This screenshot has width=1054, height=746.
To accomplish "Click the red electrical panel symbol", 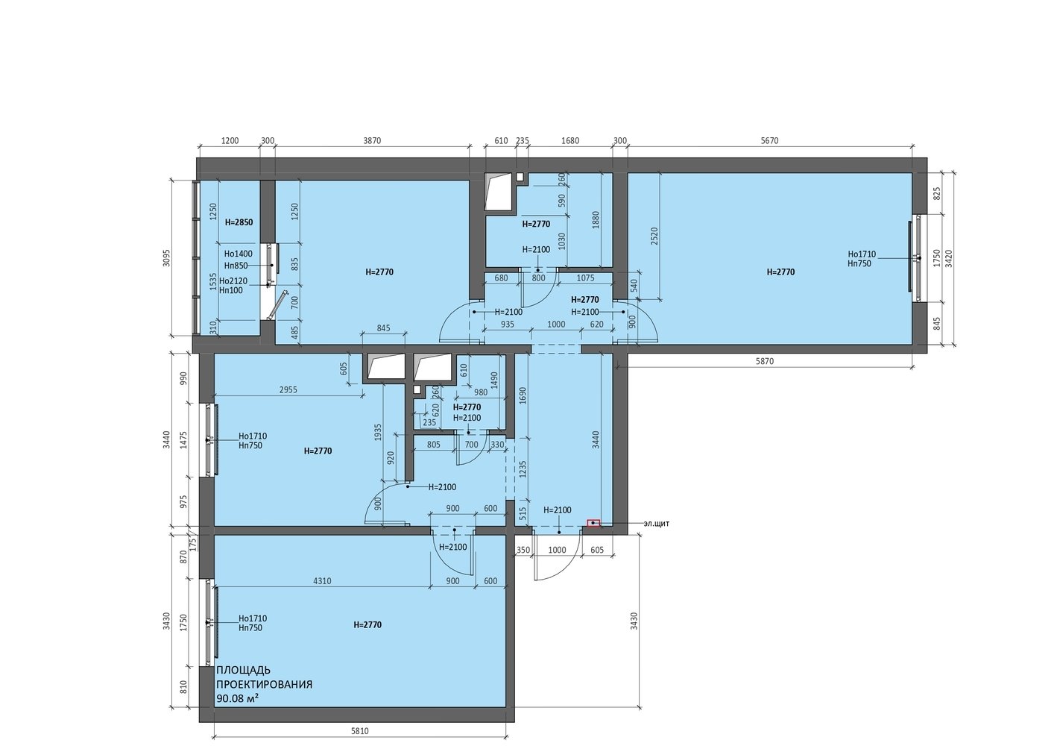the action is click(x=594, y=523).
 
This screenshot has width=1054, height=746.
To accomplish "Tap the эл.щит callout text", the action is click(x=656, y=523).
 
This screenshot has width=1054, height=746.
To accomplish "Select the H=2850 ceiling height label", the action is click(x=239, y=222).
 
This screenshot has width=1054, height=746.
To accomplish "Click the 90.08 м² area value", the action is click(x=238, y=698).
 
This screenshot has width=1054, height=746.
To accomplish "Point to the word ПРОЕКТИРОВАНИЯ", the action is click(x=264, y=684).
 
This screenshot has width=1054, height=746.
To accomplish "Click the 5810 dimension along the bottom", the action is click(x=360, y=731).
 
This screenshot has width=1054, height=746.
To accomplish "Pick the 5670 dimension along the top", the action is click(x=770, y=140).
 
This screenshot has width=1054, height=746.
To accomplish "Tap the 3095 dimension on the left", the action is click(x=166, y=257).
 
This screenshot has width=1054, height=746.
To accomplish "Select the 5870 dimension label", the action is click(x=765, y=361).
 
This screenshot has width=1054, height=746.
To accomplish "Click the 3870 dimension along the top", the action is click(x=372, y=140).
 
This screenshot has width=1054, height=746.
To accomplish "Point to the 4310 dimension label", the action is click(x=322, y=580).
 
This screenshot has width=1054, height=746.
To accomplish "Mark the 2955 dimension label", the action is click(x=288, y=389).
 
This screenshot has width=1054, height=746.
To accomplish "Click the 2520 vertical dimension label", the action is click(x=654, y=236).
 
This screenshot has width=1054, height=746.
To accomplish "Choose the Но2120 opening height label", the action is click(x=233, y=281).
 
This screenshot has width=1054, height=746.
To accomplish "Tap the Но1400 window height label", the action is click(x=238, y=254).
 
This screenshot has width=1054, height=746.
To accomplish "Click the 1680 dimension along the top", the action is click(x=570, y=140).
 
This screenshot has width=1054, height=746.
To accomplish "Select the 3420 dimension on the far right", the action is click(x=949, y=258).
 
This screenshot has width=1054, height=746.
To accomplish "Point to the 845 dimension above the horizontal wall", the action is click(x=383, y=328).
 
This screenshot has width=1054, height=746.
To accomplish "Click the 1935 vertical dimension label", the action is click(x=378, y=433).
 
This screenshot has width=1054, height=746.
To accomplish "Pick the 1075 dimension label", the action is click(x=585, y=278).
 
